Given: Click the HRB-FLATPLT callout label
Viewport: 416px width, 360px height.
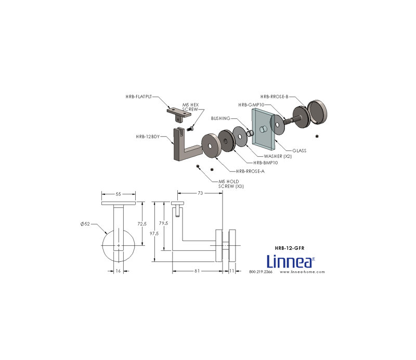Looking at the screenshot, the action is pos(139,97).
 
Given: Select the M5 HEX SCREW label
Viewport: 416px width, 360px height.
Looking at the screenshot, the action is pos(190,107).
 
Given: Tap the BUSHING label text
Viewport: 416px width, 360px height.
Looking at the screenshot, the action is pos(220,118).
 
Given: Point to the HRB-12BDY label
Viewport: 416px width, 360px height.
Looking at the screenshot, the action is pos(148,137).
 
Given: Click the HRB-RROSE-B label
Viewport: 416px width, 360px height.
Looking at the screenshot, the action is pos(275,97).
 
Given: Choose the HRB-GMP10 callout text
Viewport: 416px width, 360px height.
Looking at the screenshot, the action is pos(251,105).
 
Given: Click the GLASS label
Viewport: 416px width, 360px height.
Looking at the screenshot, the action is pos(300,151).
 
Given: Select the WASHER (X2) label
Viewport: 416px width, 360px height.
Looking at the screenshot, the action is pos(278,156).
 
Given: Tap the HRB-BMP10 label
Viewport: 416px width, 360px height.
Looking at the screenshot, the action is pos(266,163).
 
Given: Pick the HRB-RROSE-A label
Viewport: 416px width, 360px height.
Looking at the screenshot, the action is pos(250,171).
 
